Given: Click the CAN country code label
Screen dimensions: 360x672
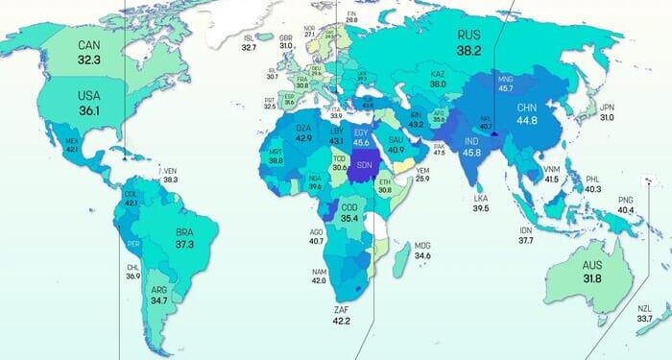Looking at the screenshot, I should (x=89, y=44).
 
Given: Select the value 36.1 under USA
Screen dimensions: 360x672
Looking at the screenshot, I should (x=89, y=111).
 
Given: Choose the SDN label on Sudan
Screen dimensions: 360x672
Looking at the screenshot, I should (x=366, y=164).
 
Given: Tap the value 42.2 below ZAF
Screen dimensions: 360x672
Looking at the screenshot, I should (x=341, y=320).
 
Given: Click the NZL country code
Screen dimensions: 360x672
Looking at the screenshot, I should (x=644, y=308).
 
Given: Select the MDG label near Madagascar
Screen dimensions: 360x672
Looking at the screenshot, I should (x=422, y=245).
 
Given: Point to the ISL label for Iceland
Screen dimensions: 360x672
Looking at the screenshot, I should (x=249, y=36).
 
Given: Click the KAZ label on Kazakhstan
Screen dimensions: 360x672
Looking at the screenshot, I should (x=438, y=73).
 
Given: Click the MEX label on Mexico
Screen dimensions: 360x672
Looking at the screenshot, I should (x=71, y=141).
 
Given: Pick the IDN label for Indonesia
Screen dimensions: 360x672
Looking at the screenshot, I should (x=525, y=230).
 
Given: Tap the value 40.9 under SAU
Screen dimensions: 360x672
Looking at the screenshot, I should (x=395, y=149).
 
